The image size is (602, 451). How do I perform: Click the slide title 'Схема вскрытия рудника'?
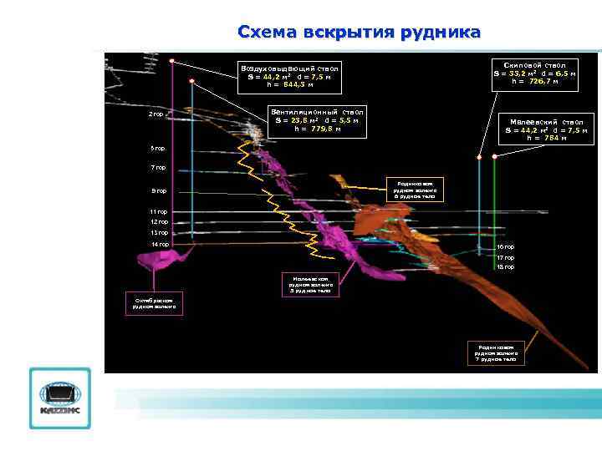click(359, 33)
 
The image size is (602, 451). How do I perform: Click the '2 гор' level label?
click(156, 114)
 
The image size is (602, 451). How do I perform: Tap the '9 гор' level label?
click(158, 191)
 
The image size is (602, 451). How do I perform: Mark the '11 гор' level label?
click(159, 212)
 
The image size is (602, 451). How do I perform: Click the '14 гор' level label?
click(159, 244)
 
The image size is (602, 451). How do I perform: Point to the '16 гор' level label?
click(505, 247)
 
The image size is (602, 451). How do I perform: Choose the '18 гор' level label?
click(505, 267)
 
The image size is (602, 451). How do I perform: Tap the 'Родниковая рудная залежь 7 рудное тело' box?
click(496, 353)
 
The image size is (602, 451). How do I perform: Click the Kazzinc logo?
click(59, 398)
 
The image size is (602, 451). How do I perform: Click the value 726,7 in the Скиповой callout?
click(537, 81)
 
